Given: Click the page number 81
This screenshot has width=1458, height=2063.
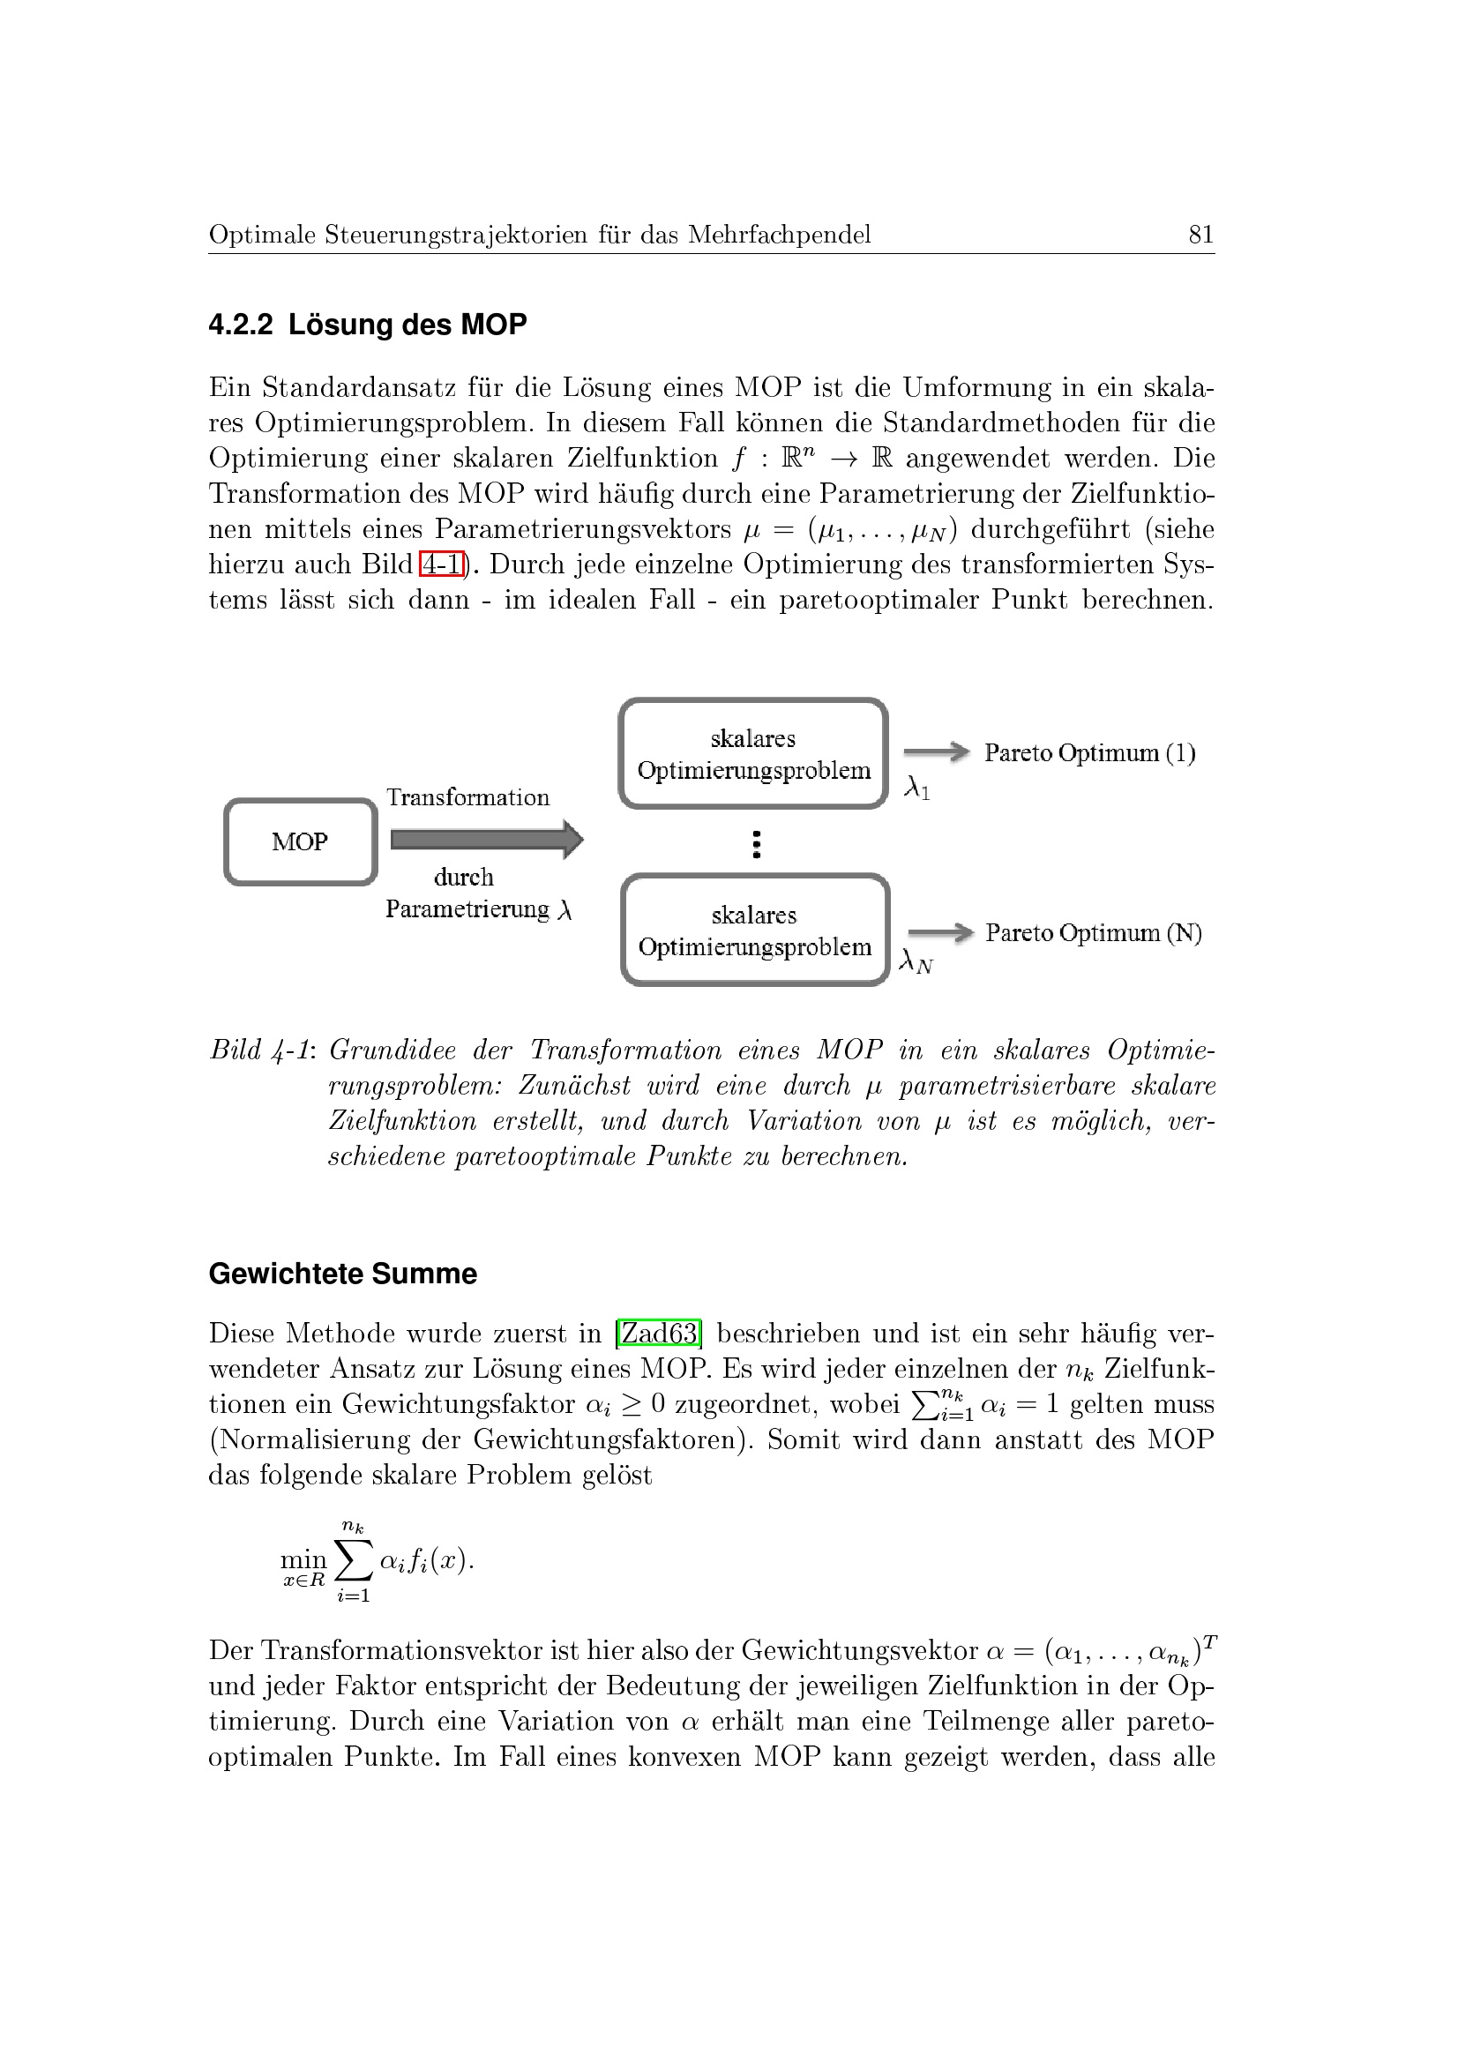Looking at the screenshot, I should [x=1200, y=235].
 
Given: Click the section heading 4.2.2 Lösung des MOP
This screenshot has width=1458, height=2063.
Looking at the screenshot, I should [x=368, y=325].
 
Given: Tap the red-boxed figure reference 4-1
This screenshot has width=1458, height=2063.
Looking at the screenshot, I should [x=442, y=564].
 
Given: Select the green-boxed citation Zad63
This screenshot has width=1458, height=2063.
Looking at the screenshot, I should [x=660, y=1333].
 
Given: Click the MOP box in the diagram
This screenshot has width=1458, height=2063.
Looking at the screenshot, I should [x=300, y=842].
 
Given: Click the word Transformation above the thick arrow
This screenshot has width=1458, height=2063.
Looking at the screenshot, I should [x=467, y=797].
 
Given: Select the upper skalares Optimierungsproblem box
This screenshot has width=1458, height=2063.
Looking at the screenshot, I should [x=754, y=754].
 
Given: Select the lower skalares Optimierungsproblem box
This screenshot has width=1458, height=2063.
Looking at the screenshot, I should [x=755, y=930].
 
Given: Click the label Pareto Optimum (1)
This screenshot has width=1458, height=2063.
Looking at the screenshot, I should [x=1089, y=753].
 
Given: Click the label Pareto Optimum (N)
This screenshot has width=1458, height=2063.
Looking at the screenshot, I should [x=1093, y=932].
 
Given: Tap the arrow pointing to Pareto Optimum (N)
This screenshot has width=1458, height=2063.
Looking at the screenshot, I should [x=940, y=932].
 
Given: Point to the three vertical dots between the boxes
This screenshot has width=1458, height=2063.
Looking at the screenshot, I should [x=757, y=844].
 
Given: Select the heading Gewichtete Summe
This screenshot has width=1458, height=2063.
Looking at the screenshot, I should [x=342, y=1274].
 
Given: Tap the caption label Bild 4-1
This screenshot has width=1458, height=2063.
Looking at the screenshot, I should [x=260, y=1050].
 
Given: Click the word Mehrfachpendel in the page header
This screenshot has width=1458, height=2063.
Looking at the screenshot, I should [x=779, y=235].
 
